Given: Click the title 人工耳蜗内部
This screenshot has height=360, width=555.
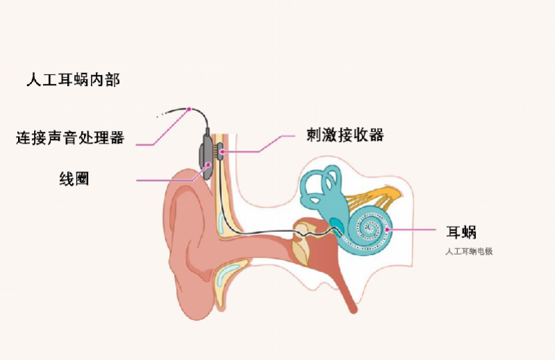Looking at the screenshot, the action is (x=74, y=80).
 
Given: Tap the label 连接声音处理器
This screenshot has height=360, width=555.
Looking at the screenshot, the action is (x=70, y=137).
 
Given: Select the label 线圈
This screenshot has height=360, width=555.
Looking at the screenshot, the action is (x=74, y=179).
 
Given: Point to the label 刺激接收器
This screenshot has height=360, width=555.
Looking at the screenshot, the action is (x=345, y=135).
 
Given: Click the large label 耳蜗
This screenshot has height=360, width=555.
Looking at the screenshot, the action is (x=461, y=232).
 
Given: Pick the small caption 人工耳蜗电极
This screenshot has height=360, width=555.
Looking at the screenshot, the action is (x=469, y=252).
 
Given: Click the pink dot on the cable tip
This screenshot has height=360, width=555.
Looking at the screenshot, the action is (x=189, y=109).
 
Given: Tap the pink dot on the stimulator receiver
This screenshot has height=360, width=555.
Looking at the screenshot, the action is (x=222, y=152).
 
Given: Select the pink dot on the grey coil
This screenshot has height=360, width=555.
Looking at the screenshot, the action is (x=209, y=164).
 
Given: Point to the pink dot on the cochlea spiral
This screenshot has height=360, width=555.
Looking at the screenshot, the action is (x=387, y=230).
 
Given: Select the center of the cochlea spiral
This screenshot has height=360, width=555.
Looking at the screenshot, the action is (x=370, y=228).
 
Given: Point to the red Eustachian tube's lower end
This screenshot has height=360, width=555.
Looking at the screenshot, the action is (x=353, y=311).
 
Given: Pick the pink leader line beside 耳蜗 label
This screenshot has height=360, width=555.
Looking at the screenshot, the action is (x=411, y=230).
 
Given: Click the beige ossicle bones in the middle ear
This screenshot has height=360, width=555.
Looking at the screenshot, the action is (x=301, y=241).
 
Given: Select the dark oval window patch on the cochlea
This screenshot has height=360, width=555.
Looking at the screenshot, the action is (x=336, y=224).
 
